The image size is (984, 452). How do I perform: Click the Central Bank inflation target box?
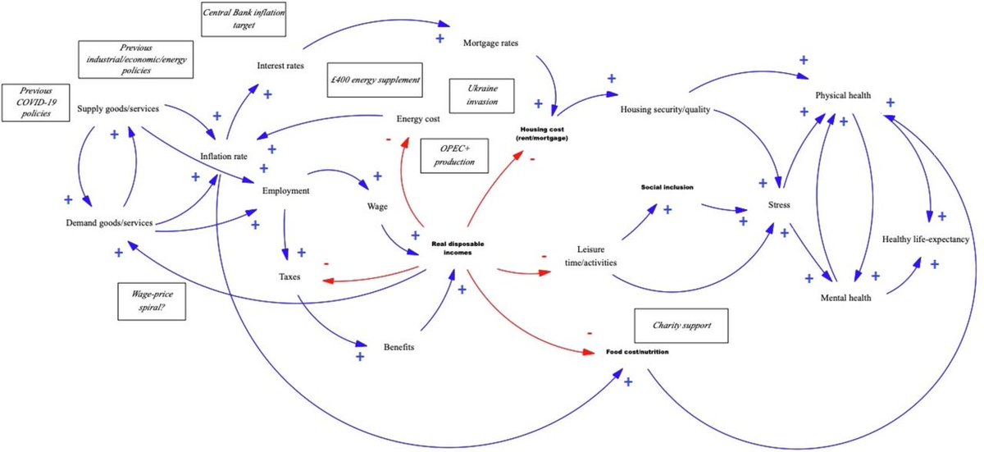pos(244,19)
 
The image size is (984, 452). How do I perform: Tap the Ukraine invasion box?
pos(482,96)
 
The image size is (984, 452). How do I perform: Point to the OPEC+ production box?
pos(453,155)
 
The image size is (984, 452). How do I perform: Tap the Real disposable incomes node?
pos(452,248)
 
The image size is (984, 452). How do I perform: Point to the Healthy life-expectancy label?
pos(925,240)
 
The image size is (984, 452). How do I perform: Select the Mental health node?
pos(845,298)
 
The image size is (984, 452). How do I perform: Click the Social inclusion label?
pos(667,187)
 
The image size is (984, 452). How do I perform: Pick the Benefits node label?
pos(399,346)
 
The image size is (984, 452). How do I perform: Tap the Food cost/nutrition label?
pos(637,352)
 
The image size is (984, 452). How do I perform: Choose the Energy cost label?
pos(418,119)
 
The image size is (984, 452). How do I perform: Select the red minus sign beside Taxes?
pos(326,263)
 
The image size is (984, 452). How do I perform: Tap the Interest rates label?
pos(280,66)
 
